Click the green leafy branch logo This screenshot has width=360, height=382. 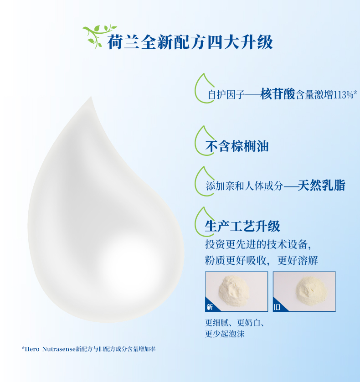tap(98, 36)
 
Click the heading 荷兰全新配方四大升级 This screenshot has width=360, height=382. tap(190, 42)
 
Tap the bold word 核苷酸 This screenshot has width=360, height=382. tap(278, 94)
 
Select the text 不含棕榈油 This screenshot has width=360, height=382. tap(237, 146)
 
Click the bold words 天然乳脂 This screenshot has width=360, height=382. tap(322, 186)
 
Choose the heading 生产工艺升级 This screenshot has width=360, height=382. tap(242, 226)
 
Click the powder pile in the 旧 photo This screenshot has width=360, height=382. tap(312, 290)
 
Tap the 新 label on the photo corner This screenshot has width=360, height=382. tap(210, 307)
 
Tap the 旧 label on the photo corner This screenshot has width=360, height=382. tap(277, 307)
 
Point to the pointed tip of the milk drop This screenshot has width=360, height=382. tap(91, 97)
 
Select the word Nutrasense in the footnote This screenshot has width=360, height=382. tap(59, 349)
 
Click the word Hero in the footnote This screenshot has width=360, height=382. tap(32, 349)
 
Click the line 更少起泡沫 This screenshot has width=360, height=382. tap(225, 334)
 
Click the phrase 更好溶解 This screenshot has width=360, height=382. tap(298, 260)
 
